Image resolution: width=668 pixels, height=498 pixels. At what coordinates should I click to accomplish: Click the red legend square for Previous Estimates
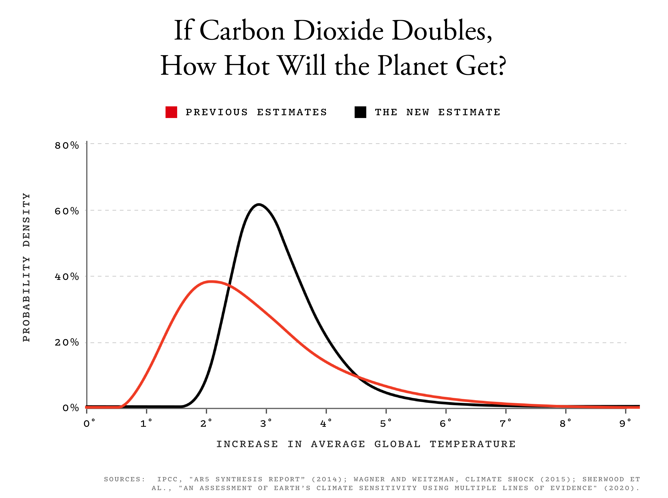click(x=171, y=112)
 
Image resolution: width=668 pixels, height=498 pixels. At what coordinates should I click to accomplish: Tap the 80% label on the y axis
click(x=67, y=146)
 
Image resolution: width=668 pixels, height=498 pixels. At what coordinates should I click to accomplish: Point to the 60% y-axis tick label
click(x=67, y=211)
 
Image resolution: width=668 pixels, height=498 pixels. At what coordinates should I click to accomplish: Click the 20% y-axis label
click(x=67, y=342)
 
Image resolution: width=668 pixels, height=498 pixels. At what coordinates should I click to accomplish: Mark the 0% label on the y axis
click(x=71, y=408)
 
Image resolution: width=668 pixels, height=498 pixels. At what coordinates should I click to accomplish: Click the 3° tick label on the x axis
click(x=266, y=424)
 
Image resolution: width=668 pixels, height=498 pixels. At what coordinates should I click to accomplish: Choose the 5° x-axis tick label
click(x=385, y=424)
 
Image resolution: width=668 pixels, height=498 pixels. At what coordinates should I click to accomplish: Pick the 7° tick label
click(x=505, y=424)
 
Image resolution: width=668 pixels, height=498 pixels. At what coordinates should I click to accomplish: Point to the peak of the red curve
click(x=211, y=282)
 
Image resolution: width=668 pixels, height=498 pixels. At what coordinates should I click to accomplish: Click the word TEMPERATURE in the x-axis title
click(x=473, y=444)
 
